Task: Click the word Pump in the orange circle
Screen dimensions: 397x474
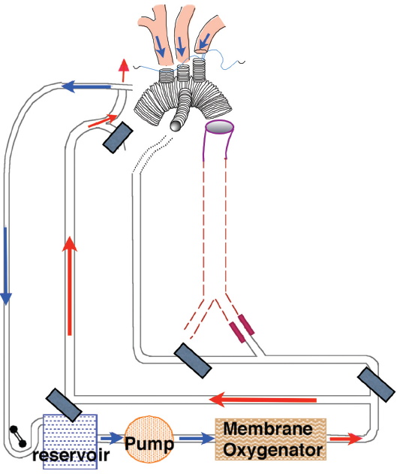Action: tap(149, 443)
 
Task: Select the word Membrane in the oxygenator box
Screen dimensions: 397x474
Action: tap(268, 429)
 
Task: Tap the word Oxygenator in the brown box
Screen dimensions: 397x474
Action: tap(272, 450)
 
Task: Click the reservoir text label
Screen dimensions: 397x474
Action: tap(71, 454)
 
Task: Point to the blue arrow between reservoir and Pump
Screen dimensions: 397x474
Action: tap(111, 438)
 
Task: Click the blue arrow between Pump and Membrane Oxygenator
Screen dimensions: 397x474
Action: tap(197, 439)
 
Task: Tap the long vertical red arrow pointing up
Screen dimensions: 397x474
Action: tap(70, 285)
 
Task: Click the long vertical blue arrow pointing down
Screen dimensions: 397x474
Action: tap(5, 266)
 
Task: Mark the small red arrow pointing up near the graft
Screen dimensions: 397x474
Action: tap(124, 70)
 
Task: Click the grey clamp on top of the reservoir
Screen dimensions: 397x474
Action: tap(64, 404)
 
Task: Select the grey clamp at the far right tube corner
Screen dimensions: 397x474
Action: tap(377, 384)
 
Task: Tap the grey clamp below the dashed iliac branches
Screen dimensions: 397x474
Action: tap(193, 361)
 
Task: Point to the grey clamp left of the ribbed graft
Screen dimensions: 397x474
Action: tap(118, 137)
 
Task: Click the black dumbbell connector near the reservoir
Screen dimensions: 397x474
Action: tap(18, 436)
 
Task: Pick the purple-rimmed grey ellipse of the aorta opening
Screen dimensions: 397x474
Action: tap(220, 127)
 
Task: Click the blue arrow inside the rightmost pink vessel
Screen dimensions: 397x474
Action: tap(206, 41)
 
